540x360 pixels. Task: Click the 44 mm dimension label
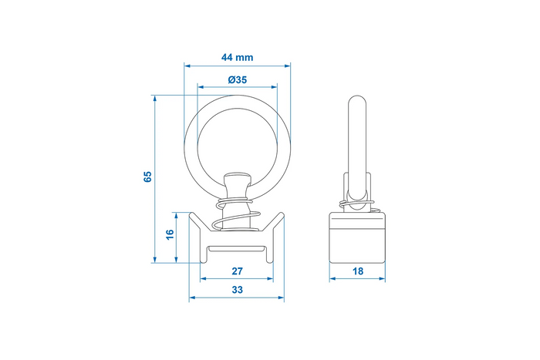click(x=237, y=57)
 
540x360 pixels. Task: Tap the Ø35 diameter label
click(x=238, y=80)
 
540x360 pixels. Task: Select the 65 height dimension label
click(x=147, y=177)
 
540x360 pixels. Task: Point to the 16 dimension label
click(x=170, y=234)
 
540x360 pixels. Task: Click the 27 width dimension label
click(x=237, y=271)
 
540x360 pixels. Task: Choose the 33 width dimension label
click(x=237, y=290)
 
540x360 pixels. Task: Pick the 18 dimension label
click(x=358, y=271)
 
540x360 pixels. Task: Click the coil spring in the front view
click(x=238, y=217)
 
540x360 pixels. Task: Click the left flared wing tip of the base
click(x=191, y=214)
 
